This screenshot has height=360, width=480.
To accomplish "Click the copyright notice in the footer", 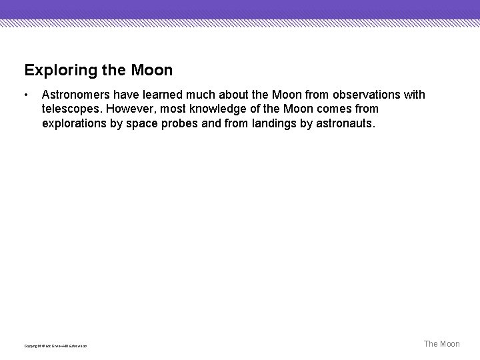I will pyautogui.click(x=55, y=345).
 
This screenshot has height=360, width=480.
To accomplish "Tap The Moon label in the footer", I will pyautogui.click(x=442, y=344).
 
